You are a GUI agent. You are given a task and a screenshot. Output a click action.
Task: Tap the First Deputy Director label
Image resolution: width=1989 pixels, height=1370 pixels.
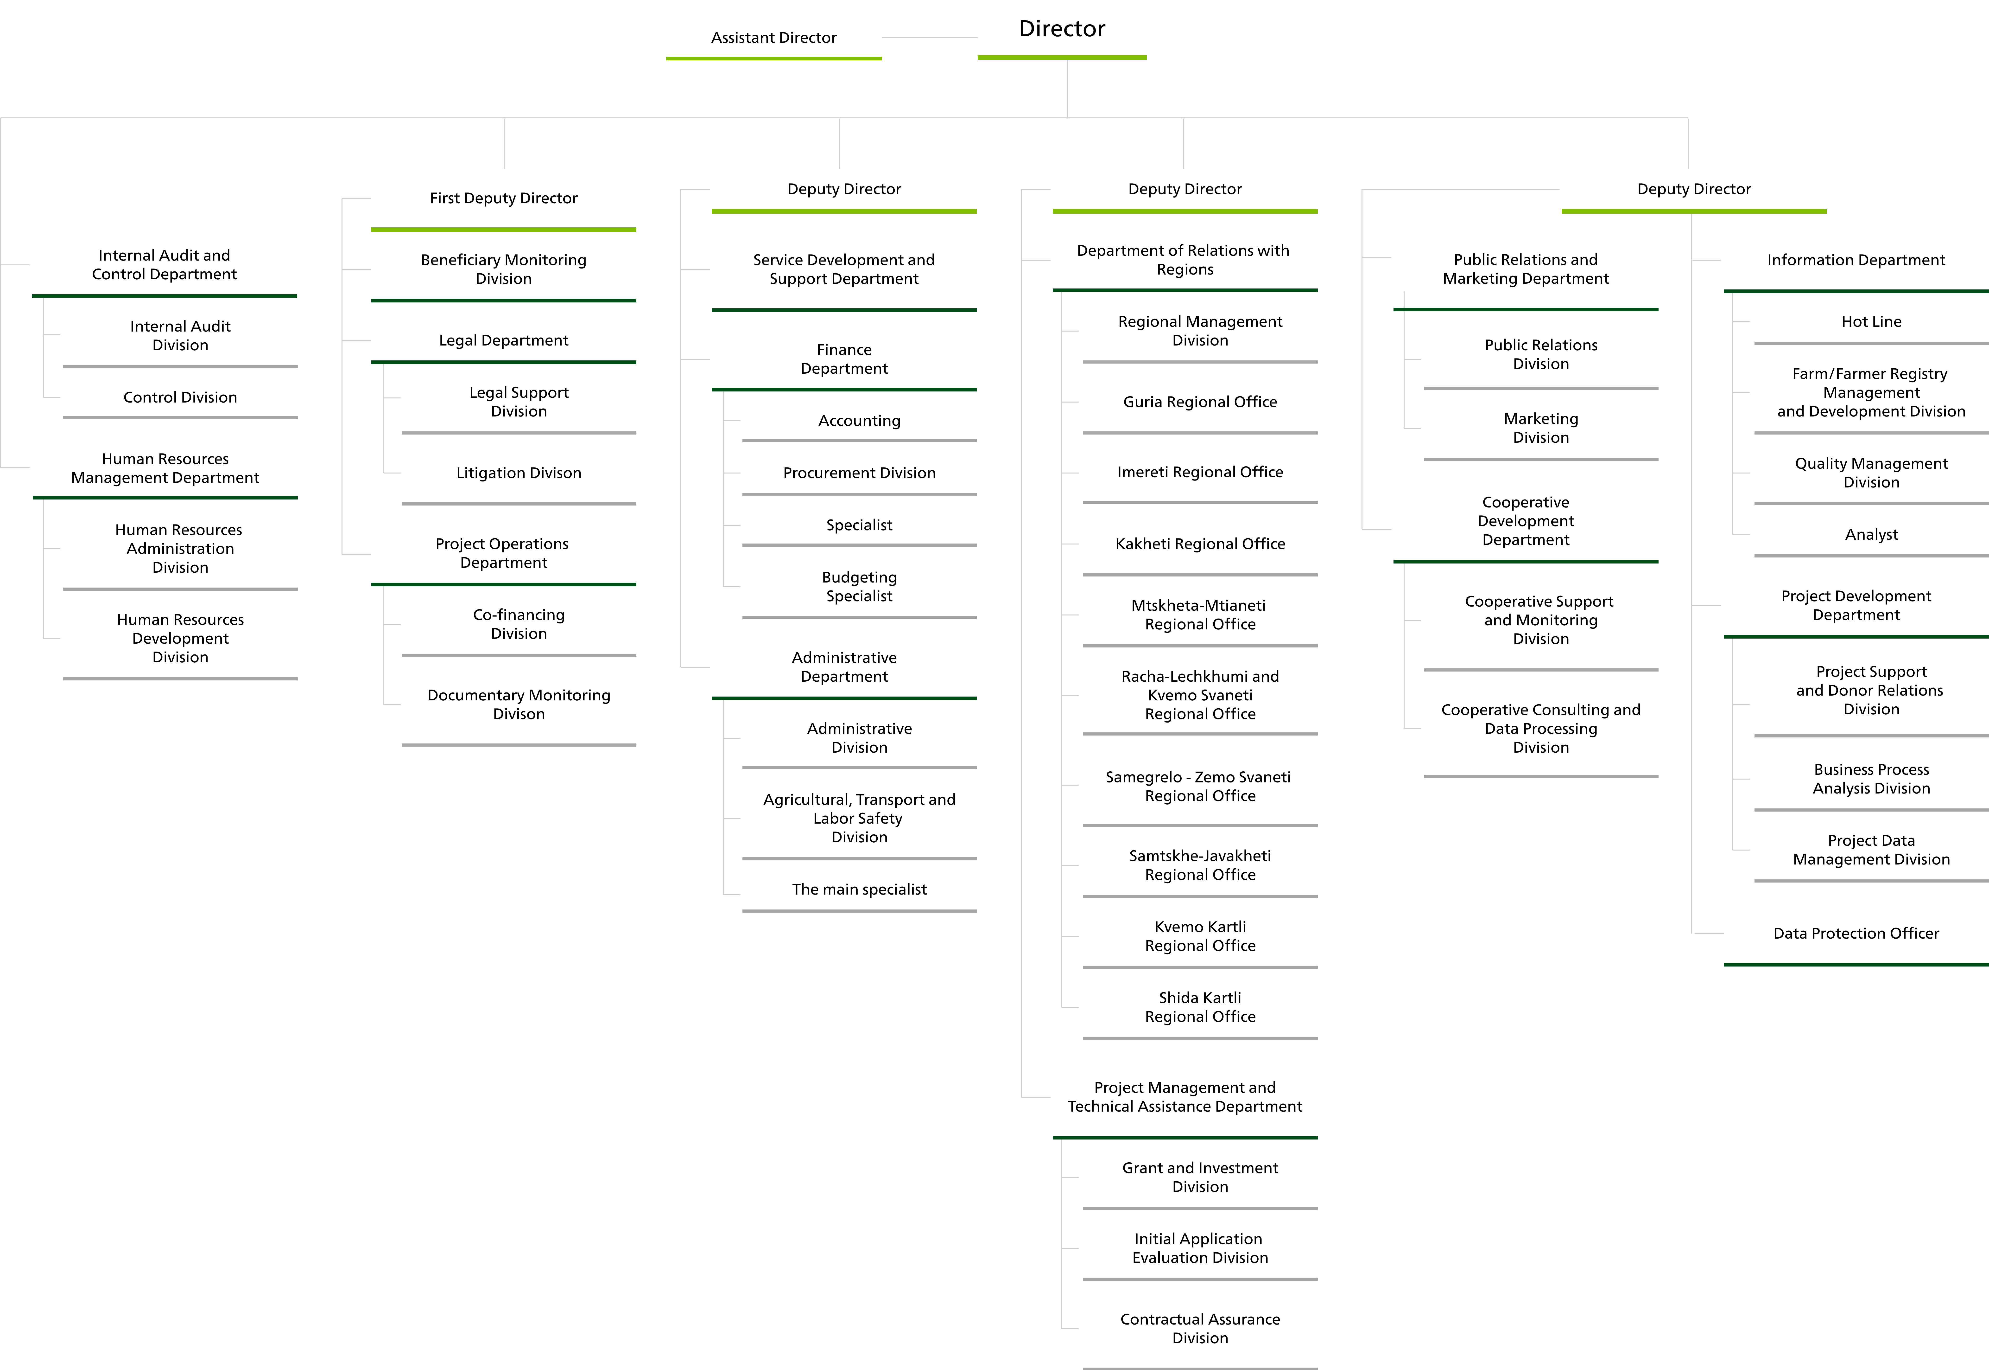pos(504,198)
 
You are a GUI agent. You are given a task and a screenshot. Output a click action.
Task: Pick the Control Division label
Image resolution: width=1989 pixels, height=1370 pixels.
pos(180,397)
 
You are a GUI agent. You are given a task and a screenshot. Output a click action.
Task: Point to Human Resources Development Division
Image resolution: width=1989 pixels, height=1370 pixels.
pos(180,638)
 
